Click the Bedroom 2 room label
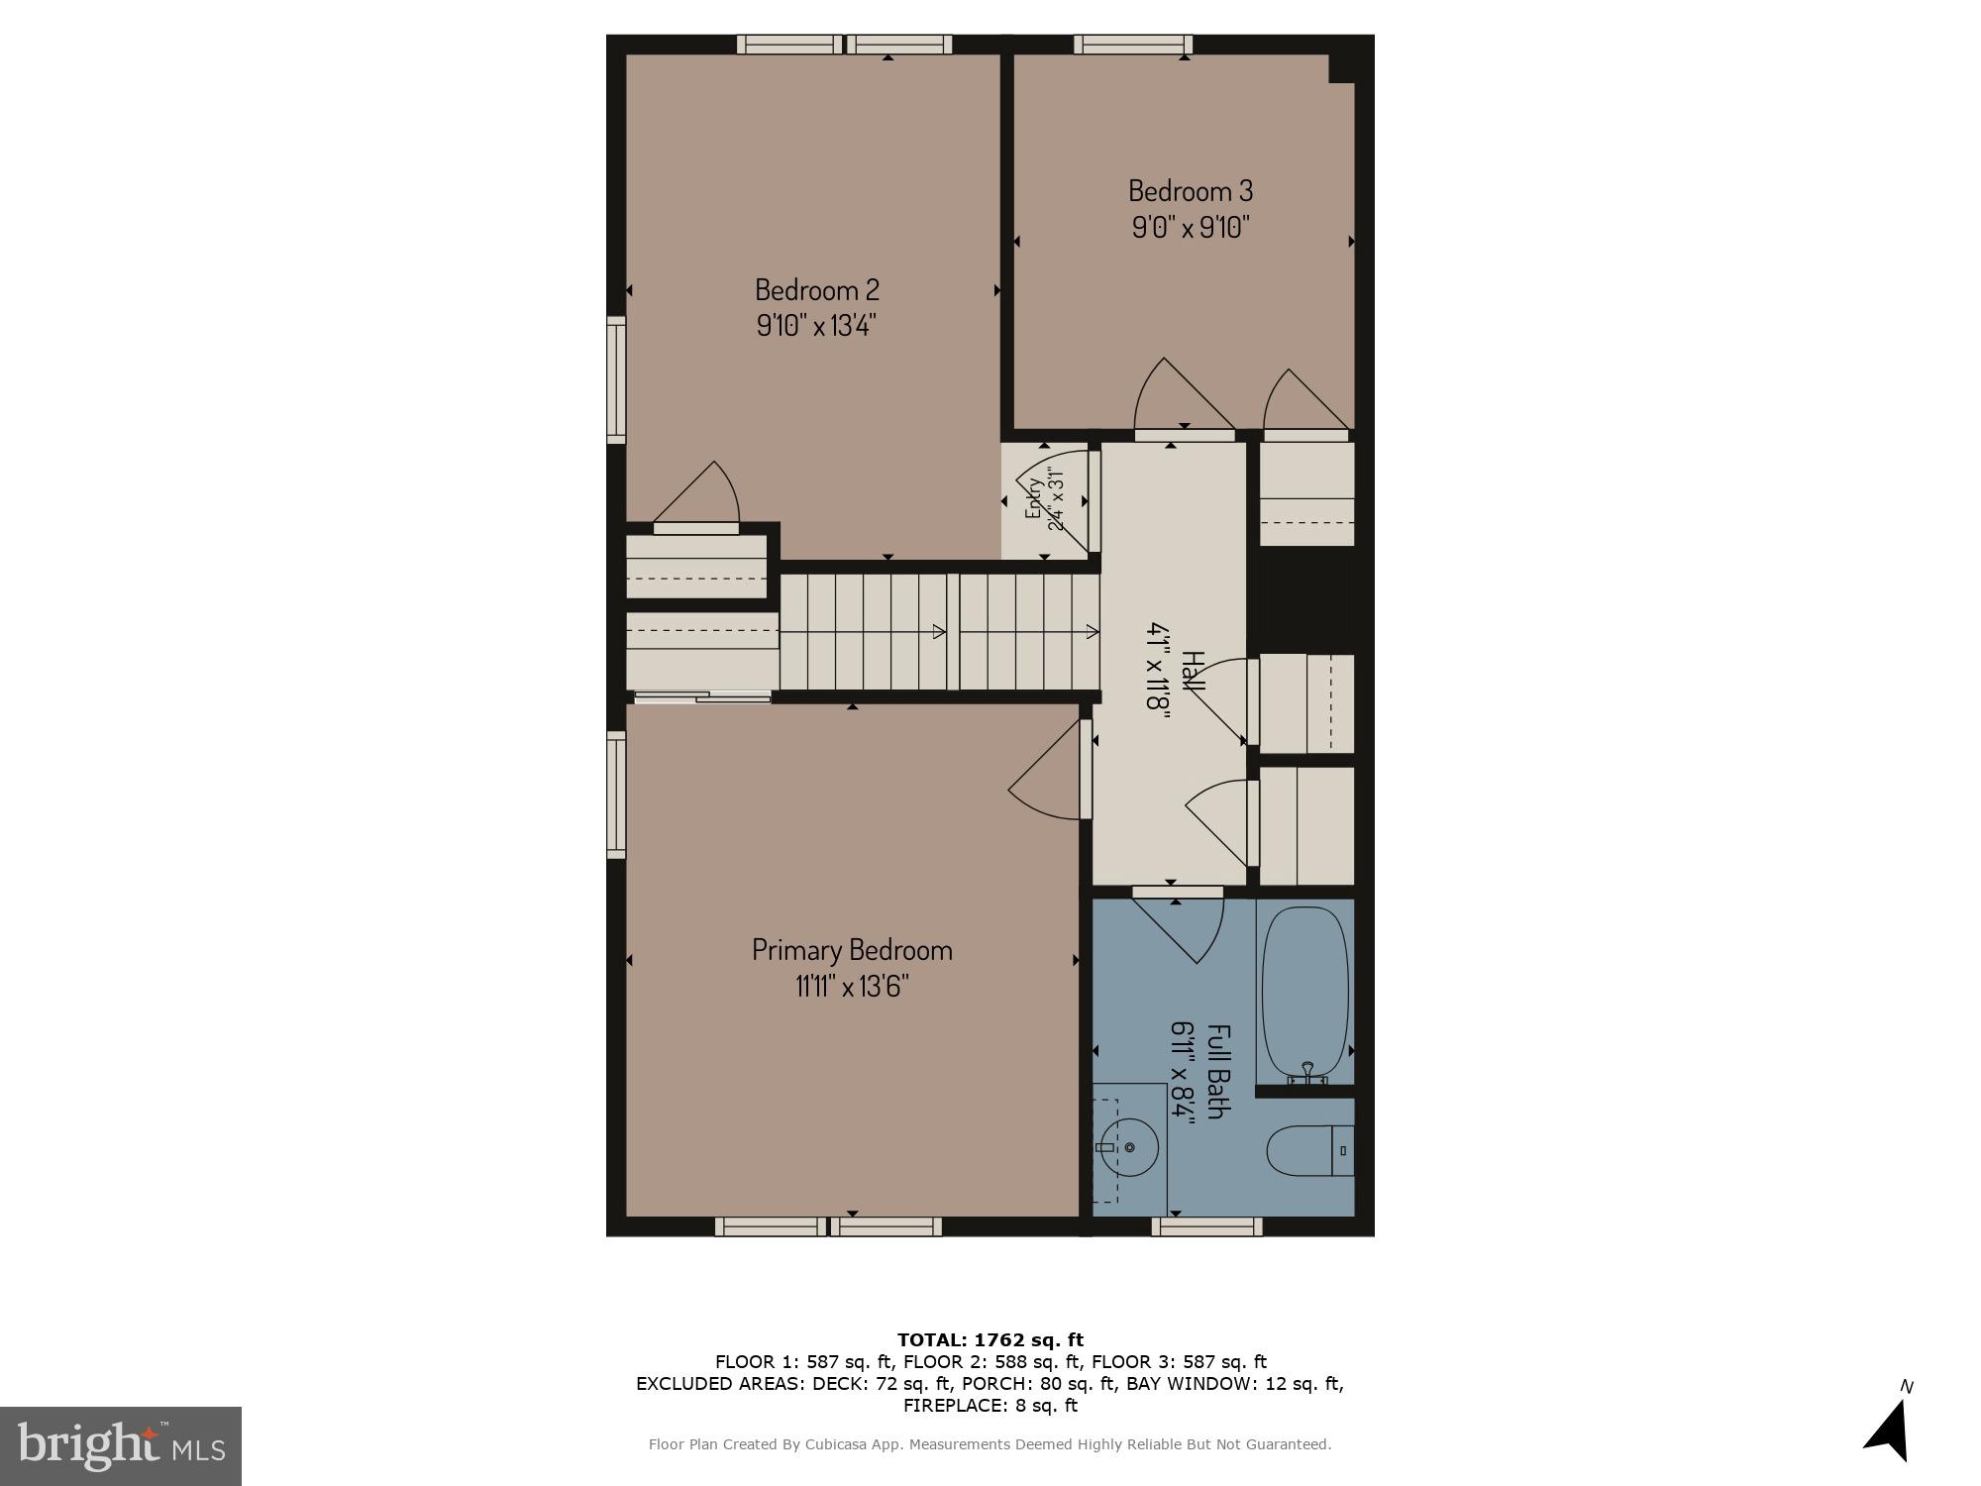[816, 289]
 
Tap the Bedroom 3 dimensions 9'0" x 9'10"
[1191, 227]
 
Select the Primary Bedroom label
[852, 949]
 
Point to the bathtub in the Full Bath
[1304, 991]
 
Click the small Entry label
[1034, 498]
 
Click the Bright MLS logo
[120, 1445]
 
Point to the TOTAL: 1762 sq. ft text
[990, 1340]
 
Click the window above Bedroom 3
[1133, 44]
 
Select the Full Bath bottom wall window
[1206, 1226]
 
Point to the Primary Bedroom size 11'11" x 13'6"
[852, 986]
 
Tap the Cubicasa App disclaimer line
[990, 1444]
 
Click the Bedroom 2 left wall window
[616, 380]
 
